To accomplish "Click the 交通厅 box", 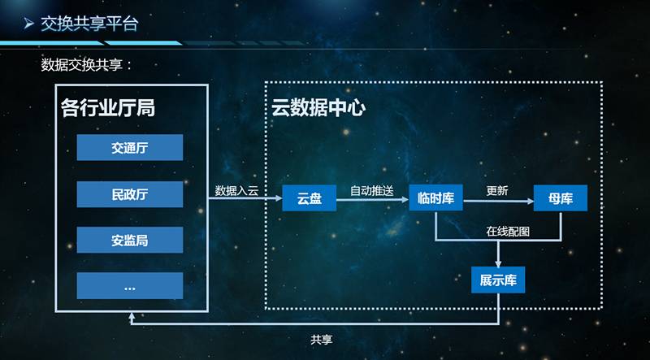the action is (x=130, y=147).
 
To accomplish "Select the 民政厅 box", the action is (x=130, y=194).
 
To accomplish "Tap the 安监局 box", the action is (x=130, y=240).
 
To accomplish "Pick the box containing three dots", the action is (x=130, y=286).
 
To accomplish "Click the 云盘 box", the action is (x=310, y=197).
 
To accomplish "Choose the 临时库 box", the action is (x=435, y=197).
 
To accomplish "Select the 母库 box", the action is (x=561, y=197).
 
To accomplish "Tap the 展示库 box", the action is (x=498, y=280).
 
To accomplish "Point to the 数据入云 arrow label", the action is (x=236, y=191).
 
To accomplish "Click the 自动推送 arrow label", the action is (x=372, y=191).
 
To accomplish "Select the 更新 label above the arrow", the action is (x=497, y=191).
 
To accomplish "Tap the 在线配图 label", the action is (x=508, y=232).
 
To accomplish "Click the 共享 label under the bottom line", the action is (x=321, y=340).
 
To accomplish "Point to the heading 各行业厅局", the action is (x=108, y=108).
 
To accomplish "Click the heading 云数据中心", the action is (x=318, y=108).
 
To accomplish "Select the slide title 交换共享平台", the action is (x=89, y=24).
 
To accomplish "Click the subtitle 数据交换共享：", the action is (x=87, y=65).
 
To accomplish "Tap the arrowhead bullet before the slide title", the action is (x=28, y=24).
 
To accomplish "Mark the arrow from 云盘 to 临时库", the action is (x=372, y=200).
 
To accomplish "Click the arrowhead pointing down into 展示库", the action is (x=498, y=263).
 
